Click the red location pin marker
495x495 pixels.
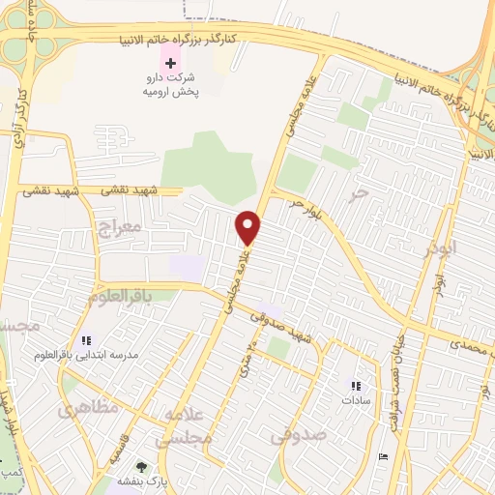249,226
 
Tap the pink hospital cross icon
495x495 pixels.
172,62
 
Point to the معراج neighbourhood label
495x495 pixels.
120,228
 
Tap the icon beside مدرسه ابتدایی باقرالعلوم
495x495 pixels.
85,340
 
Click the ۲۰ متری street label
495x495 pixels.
253,355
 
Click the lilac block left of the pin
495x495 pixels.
187,268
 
